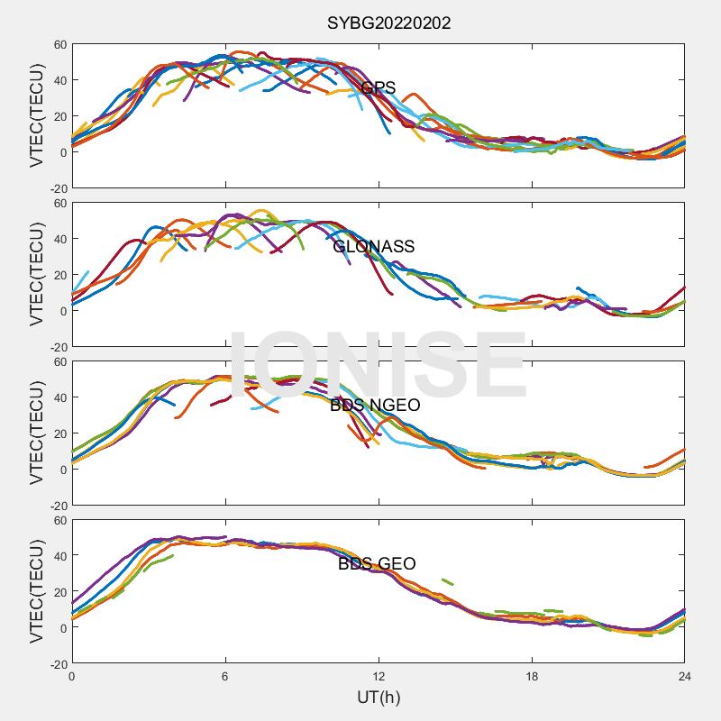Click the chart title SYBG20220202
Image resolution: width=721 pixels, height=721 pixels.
click(388, 23)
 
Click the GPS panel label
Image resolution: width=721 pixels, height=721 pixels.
click(378, 88)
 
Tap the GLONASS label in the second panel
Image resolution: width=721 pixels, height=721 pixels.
click(373, 247)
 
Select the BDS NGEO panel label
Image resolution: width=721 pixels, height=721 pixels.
click(375, 406)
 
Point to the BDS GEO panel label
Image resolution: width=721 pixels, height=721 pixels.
click(377, 564)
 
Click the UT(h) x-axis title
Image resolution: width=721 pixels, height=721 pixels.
click(378, 697)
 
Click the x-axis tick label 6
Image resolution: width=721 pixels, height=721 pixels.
click(225, 677)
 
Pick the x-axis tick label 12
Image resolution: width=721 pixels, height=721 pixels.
click(379, 677)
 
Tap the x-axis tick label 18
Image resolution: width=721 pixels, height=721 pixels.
click(532, 677)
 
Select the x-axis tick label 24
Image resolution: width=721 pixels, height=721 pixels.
click(684, 677)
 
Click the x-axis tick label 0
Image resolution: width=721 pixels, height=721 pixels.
click(72, 677)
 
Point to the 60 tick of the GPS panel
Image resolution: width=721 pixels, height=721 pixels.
click(59, 44)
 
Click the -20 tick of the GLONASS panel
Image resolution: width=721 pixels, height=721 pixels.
click(57, 346)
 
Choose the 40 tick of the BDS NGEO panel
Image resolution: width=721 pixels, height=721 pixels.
click(59, 397)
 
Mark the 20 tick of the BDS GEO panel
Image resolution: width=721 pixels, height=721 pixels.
click(59, 592)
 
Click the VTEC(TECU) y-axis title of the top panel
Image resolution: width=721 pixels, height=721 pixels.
click(37, 116)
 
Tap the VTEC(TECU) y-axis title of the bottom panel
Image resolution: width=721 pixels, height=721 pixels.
click(37, 592)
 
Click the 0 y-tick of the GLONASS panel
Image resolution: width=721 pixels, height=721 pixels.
click(63, 311)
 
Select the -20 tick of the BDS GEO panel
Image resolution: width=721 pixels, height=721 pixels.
click(57, 663)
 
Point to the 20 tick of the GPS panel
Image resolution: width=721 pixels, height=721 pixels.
click(59, 116)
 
